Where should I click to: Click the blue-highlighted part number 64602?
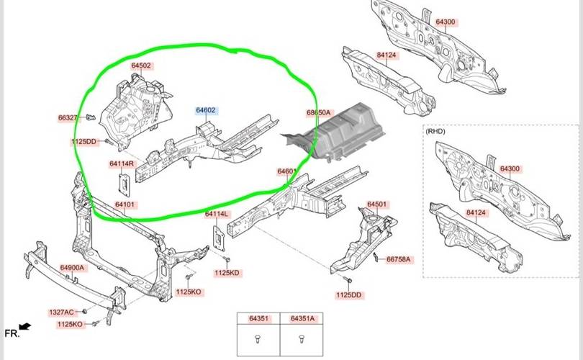pos(206,111)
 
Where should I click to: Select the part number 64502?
pos(141,66)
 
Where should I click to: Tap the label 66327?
pos(68,117)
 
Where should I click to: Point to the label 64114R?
pos(122,163)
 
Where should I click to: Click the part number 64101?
pos(125,204)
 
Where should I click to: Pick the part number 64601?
pos(287,171)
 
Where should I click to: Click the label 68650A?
pos(318,113)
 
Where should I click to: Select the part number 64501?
pos(377,204)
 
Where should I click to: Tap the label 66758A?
pos(399,259)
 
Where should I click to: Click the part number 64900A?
pos(72,268)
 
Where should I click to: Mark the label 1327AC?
pos(61,312)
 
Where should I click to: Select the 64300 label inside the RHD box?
pos(510,168)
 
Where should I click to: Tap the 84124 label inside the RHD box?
pos(476,213)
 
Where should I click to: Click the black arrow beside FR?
pos(26,328)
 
